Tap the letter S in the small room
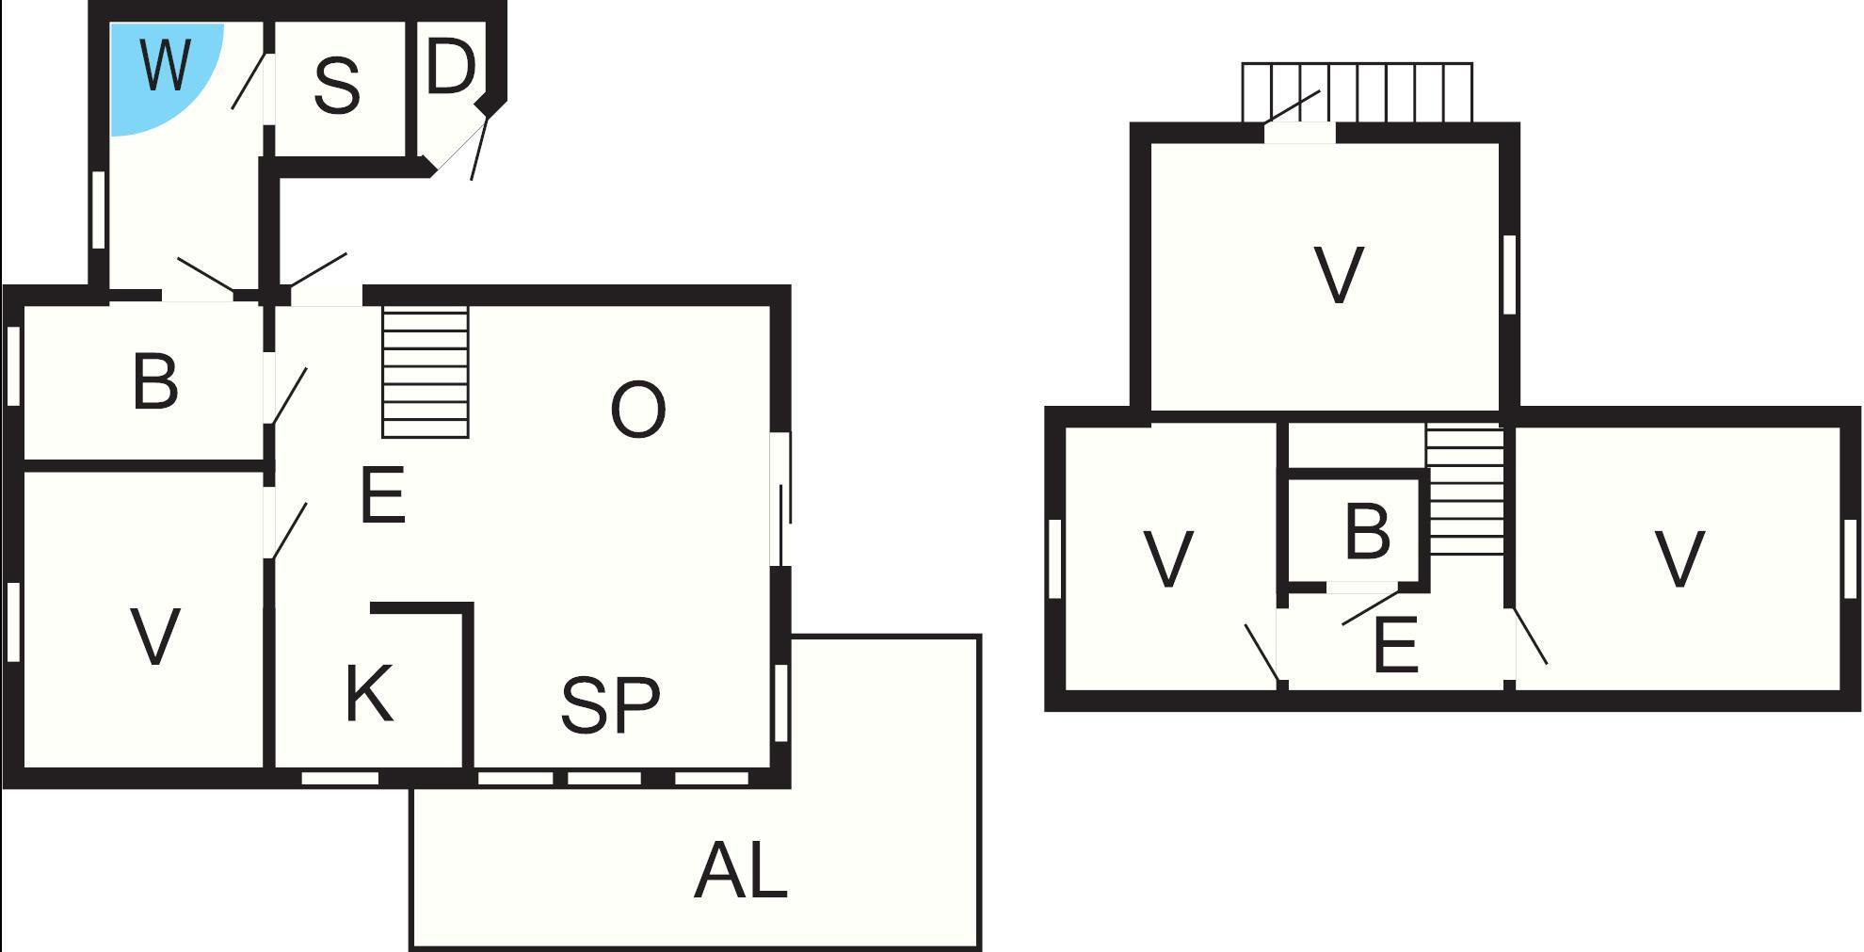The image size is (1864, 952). click(x=336, y=86)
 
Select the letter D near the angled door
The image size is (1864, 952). click(x=450, y=67)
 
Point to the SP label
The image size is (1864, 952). click(x=610, y=705)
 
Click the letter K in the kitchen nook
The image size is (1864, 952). click(x=368, y=694)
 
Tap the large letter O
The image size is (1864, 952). click(x=637, y=410)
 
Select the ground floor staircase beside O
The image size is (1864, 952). click(x=425, y=371)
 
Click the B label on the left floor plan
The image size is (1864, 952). click(x=155, y=381)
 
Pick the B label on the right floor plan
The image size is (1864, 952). click(x=1367, y=531)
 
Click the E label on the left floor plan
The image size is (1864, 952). click(x=382, y=495)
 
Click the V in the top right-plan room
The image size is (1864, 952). click(x=1338, y=275)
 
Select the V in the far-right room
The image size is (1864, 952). click(x=1679, y=559)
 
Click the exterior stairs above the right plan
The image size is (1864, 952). click(x=1357, y=92)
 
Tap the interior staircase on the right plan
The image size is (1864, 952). click(x=1465, y=490)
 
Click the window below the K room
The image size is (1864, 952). click(x=340, y=779)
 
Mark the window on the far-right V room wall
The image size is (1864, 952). click(x=1849, y=558)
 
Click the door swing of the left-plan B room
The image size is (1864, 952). click(x=288, y=396)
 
